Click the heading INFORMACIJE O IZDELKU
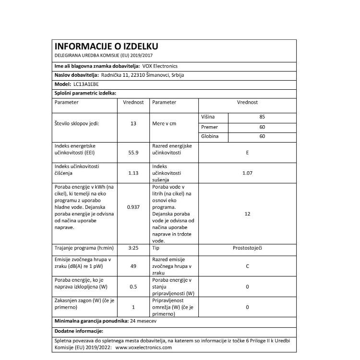(106, 47)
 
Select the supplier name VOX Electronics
(159, 66)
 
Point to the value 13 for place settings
(133, 123)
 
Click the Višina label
(208, 117)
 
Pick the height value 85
(262, 117)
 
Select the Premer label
(210, 127)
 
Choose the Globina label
(210, 137)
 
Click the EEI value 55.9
(133, 153)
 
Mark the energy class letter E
(247, 153)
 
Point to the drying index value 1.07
(247, 173)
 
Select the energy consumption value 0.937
(133, 207)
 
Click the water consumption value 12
(247, 214)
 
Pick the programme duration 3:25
(133, 248)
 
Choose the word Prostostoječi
(247, 248)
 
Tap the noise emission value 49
(133, 265)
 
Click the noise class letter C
(247, 265)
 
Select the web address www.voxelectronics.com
(144, 348)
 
